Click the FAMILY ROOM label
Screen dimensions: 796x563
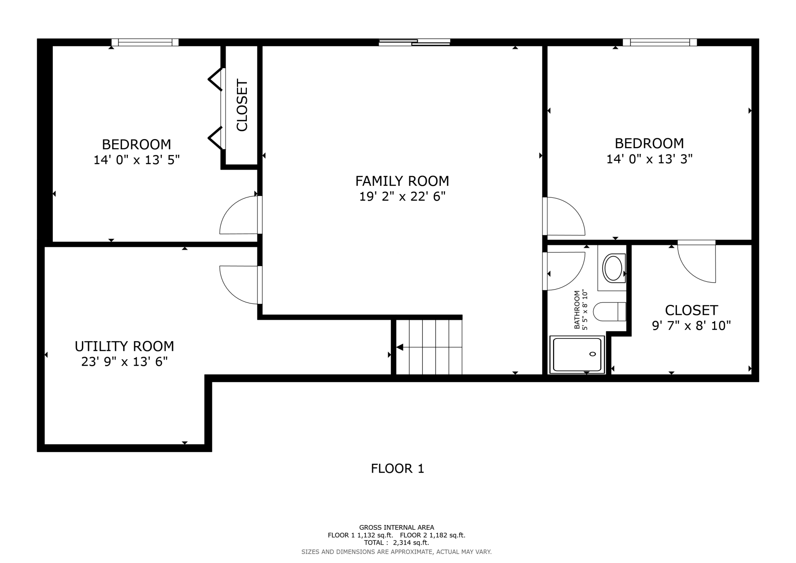click(x=402, y=181)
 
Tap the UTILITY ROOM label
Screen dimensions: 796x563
click(x=124, y=346)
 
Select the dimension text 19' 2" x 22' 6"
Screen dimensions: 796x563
click(x=402, y=196)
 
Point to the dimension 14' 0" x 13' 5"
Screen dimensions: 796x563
click(x=137, y=160)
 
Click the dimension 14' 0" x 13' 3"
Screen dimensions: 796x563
click(x=649, y=159)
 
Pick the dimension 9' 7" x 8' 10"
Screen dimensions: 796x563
click(x=691, y=326)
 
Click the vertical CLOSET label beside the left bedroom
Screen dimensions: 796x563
click(x=242, y=105)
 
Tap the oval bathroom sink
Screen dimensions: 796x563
click(x=613, y=268)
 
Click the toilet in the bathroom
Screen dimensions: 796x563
click(x=609, y=311)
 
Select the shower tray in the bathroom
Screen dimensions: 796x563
click(x=577, y=354)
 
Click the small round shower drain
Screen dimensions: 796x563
click(x=593, y=354)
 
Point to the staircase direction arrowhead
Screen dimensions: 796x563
click(x=400, y=347)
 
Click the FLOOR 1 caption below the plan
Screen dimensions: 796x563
click(x=398, y=469)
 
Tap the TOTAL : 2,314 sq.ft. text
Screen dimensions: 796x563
click(x=396, y=543)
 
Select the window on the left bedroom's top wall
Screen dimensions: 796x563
click(x=145, y=42)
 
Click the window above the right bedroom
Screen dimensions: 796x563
click(x=660, y=42)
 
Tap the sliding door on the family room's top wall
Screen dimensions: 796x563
click(x=414, y=42)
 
